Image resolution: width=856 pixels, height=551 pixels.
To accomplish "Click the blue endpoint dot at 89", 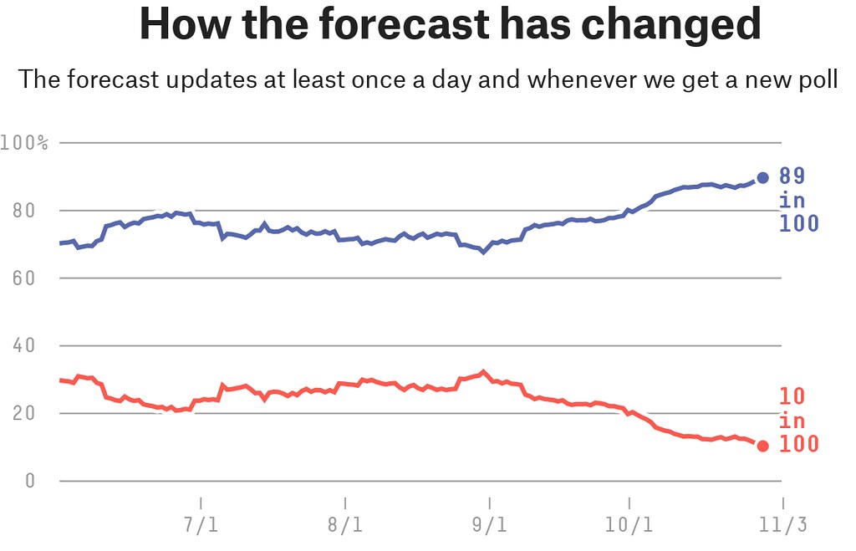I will coord(762,178).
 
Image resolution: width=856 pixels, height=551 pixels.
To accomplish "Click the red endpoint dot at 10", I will coord(762,446).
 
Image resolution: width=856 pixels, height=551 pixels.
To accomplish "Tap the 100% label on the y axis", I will coord(24,143).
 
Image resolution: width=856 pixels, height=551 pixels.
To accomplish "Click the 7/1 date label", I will coord(201,527).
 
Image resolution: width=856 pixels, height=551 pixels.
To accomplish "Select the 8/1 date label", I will coord(344,527).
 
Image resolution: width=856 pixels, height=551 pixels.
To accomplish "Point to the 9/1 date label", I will coord(489,527).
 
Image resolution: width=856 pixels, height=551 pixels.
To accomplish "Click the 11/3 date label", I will coord(782,527).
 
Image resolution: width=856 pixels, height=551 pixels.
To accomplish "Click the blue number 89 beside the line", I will coord(792,176).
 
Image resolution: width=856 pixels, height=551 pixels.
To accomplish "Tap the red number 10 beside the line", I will coord(792,396).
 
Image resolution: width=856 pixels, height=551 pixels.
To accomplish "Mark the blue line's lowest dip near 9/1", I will coord(483,252).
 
